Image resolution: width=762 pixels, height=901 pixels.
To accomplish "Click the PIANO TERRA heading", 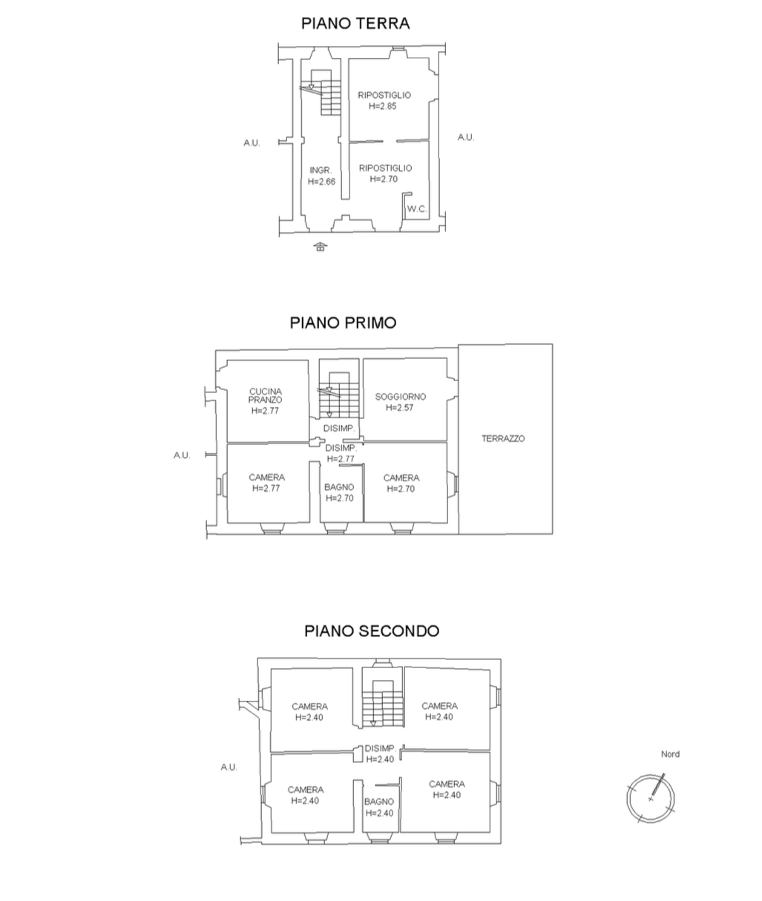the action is point(355,23).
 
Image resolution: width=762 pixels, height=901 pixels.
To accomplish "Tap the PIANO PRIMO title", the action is point(343,323).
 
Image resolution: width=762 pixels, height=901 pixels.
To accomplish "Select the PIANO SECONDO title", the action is point(372,631).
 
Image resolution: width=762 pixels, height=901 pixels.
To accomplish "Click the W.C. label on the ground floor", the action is point(416,209).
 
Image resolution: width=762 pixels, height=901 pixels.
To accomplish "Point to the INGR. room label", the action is point(321,171).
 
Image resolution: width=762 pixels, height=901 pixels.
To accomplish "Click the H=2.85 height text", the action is point(383,106).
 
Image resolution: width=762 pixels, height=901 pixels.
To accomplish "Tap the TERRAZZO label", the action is point(503,438).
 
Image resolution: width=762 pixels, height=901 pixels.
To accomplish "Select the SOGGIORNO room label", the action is point(401,397).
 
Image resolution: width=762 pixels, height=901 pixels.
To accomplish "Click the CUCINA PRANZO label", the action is point(265,395).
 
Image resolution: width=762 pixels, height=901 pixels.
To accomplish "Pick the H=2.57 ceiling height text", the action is point(399,408).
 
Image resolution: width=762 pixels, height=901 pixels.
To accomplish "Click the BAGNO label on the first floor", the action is point(339,487).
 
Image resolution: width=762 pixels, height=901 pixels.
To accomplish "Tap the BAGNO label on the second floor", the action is point(379,801).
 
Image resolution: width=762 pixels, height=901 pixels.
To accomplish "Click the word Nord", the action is point(670,754).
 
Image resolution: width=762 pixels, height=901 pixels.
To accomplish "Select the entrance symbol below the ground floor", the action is point(320,247).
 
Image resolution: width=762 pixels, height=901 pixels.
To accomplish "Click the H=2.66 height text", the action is point(321,182).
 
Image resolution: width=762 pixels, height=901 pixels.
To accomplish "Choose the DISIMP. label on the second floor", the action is point(381,748).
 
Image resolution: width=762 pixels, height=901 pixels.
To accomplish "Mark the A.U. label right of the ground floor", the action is point(465,137).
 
